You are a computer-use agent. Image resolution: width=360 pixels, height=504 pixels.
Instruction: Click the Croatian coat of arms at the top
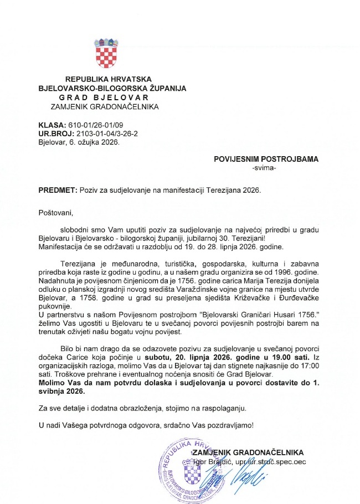point(107,53)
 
